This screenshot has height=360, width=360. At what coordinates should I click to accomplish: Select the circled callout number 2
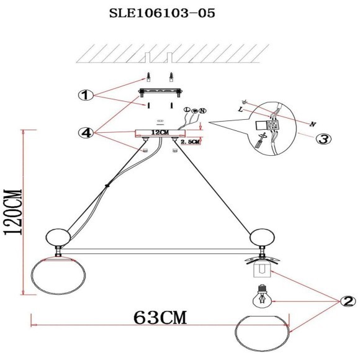pos(347,302)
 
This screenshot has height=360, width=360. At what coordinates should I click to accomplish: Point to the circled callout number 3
pos(322,138)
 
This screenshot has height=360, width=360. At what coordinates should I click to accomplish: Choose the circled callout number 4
pos(86,132)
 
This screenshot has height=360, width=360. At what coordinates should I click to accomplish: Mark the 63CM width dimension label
pos(160,317)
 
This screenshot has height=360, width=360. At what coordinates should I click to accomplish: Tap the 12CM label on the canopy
pos(160,133)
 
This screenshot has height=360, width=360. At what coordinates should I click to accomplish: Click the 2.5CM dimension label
pos(189,142)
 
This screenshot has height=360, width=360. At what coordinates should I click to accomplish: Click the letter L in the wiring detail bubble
pos(240,109)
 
